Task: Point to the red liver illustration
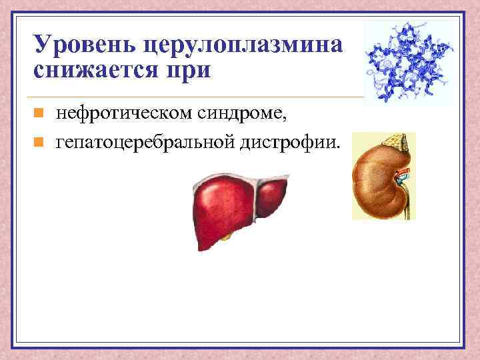(236, 204)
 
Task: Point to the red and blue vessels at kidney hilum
(401, 177)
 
